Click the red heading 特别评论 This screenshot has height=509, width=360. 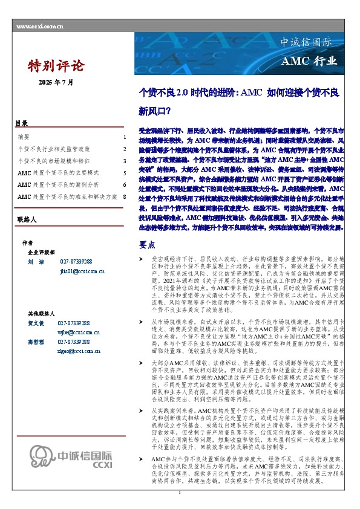coord(56,66)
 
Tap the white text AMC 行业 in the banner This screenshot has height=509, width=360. coord(309,62)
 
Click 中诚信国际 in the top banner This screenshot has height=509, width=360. coord(306,43)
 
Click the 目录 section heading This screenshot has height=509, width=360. coord(21,123)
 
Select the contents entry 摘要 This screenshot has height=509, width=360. coord(24,137)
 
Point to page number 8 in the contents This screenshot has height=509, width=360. coord(124,197)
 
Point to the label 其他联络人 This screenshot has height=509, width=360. coord(41,314)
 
